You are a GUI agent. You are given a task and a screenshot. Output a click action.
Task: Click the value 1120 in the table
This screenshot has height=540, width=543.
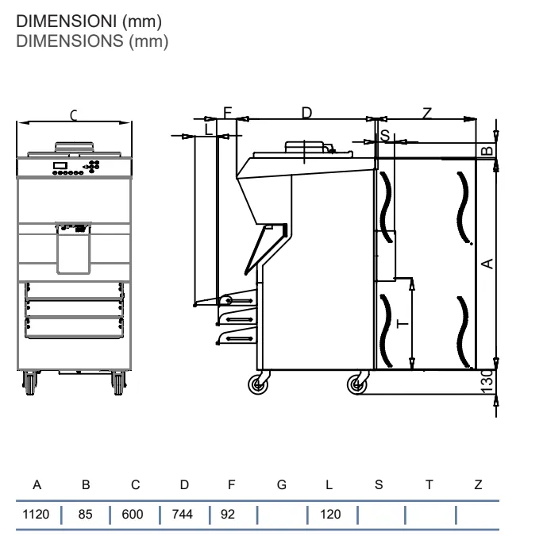coord(36,514)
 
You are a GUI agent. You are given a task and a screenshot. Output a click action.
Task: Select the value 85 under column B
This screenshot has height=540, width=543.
coord(85,514)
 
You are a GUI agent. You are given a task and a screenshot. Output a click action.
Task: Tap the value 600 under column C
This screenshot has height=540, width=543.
coord(133,514)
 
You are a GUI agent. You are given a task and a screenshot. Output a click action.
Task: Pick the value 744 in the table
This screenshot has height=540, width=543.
coord(182,514)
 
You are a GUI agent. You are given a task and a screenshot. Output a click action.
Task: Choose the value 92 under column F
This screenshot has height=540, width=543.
coord(228,514)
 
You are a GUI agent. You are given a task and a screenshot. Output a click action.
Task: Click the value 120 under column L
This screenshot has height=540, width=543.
coord(330,514)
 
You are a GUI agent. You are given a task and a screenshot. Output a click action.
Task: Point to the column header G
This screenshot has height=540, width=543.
coord(282,484)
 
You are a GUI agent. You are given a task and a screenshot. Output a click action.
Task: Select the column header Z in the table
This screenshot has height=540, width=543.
coord(478,484)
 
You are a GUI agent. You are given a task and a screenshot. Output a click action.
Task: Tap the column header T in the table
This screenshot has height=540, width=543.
coord(429,484)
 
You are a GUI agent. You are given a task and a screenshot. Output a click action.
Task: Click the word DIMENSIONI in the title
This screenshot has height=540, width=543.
coord(66,21)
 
